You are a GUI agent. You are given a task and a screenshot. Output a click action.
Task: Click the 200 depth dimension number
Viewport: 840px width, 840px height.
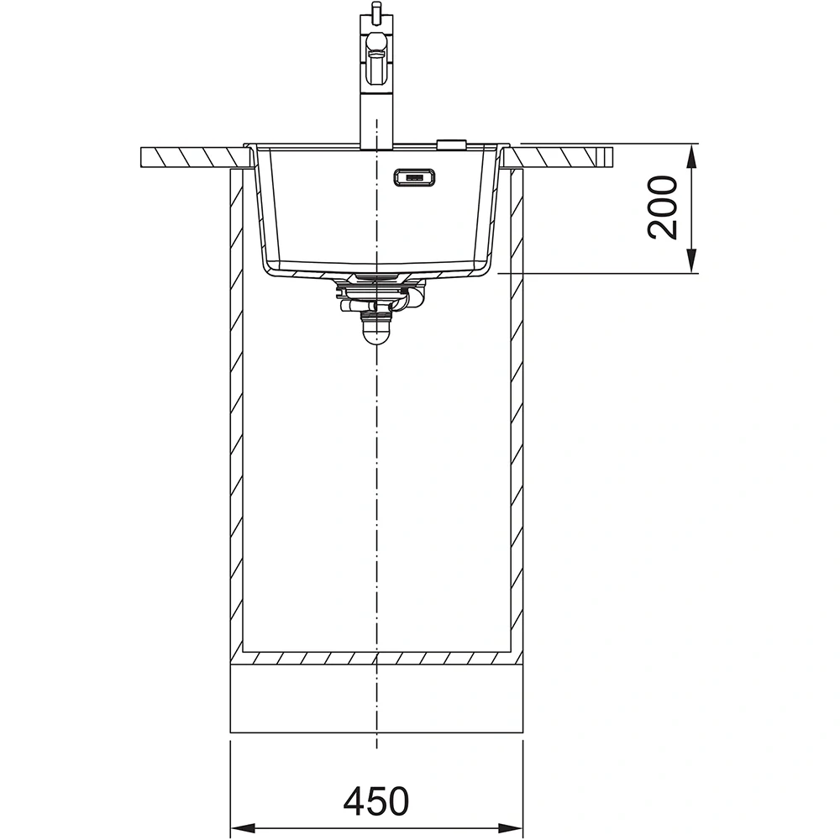[x=664, y=207]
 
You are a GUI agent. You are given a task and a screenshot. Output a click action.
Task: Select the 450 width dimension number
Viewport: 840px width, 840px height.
[x=375, y=801]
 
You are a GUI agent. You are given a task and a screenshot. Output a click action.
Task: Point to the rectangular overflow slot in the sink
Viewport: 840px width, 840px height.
[x=412, y=177]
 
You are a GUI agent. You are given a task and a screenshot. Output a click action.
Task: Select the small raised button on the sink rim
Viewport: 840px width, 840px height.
[x=451, y=144]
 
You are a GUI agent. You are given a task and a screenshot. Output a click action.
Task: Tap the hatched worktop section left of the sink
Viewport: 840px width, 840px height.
[x=193, y=157]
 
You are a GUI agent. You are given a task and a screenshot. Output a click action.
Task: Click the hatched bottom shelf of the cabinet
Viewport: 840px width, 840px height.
[x=376, y=658]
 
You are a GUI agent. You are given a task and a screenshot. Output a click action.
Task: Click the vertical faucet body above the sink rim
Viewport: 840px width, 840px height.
[x=376, y=118]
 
